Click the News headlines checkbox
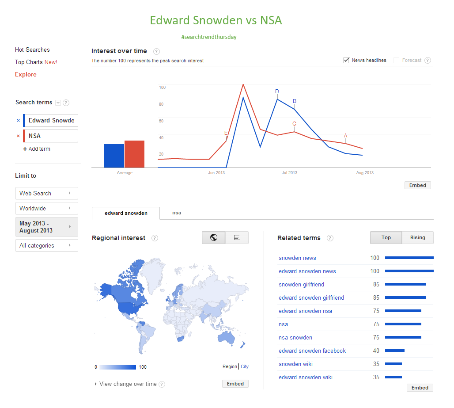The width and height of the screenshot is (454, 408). (347, 61)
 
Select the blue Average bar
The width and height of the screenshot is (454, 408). (114, 156)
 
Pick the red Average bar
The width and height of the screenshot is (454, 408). (134, 154)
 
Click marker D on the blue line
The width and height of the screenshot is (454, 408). (277, 92)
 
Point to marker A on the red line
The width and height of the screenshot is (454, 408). (345, 136)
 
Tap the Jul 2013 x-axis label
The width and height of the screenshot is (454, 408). (289, 173)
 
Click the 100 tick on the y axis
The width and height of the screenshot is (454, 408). (162, 88)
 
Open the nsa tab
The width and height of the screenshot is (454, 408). (177, 213)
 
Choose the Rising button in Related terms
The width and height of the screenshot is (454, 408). (417, 238)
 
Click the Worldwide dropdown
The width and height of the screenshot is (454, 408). (46, 208)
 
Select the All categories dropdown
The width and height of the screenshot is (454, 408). (46, 245)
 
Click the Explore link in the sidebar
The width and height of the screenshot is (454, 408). (26, 75)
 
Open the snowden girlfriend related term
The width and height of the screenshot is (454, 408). (301, 285)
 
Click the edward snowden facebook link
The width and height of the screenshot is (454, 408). (312, 351)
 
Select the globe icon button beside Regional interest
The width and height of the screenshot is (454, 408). (214, 238)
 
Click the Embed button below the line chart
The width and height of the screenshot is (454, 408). (417, 186)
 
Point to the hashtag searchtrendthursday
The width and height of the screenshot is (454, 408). (209, 37)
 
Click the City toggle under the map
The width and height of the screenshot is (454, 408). (245, 367)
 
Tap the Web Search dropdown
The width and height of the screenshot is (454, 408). (46, 193)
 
